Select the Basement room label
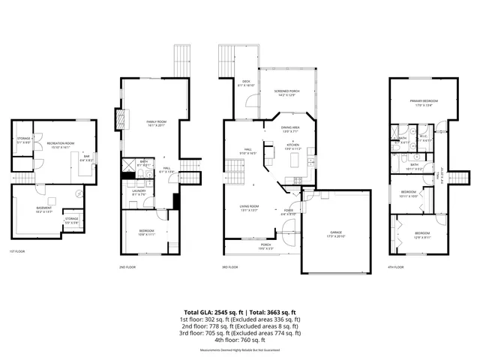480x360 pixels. click(43, 209)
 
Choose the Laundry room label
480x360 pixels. click(138, 192)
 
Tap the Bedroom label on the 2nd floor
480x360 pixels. click(147, 232)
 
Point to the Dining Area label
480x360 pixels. click(291, 129)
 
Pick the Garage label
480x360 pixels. click(335, 234)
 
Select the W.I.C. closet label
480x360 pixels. click(423, 138)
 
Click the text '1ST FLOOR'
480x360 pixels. click(16, 251)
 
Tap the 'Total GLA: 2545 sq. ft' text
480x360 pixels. click(209, 311)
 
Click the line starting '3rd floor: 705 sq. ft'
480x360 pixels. click(240, 332)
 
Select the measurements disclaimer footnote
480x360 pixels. click(240, 349)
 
